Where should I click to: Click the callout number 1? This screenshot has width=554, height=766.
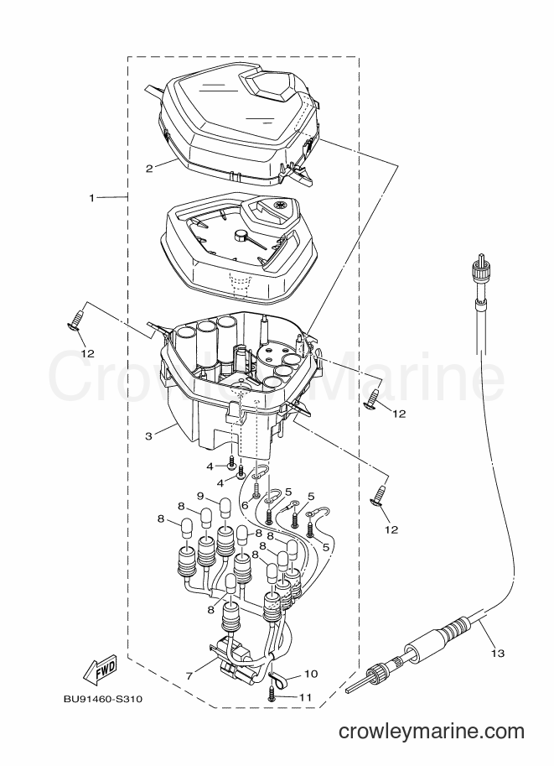(x=91, y=197)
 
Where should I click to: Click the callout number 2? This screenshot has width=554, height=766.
(x=149, y=169)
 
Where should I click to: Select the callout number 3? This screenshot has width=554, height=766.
(x=149, y=436)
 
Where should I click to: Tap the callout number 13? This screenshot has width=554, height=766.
(x=497, y=653)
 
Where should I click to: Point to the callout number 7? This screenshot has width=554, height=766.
(x=189, y=675)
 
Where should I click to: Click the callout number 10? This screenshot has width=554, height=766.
(x=311, y=675)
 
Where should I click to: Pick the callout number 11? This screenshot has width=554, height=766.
(x=305, y=698)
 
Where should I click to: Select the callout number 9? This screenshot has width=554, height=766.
(x=200, y=496)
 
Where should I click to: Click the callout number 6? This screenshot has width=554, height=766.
(x=245, y=504)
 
